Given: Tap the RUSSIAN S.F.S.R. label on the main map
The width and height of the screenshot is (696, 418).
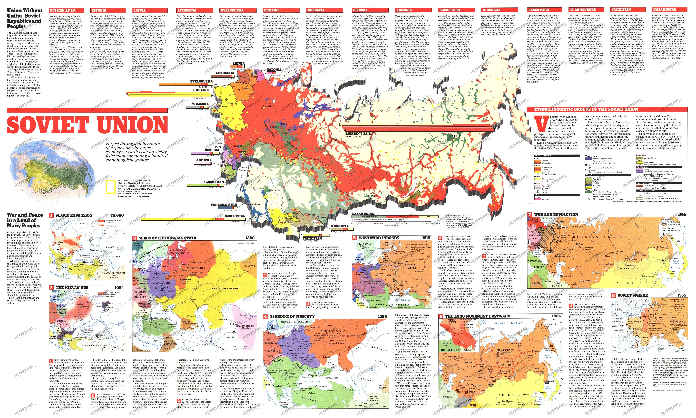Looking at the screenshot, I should point(358,134).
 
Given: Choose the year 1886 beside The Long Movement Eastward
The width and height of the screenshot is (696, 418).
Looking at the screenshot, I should point(556,316).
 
